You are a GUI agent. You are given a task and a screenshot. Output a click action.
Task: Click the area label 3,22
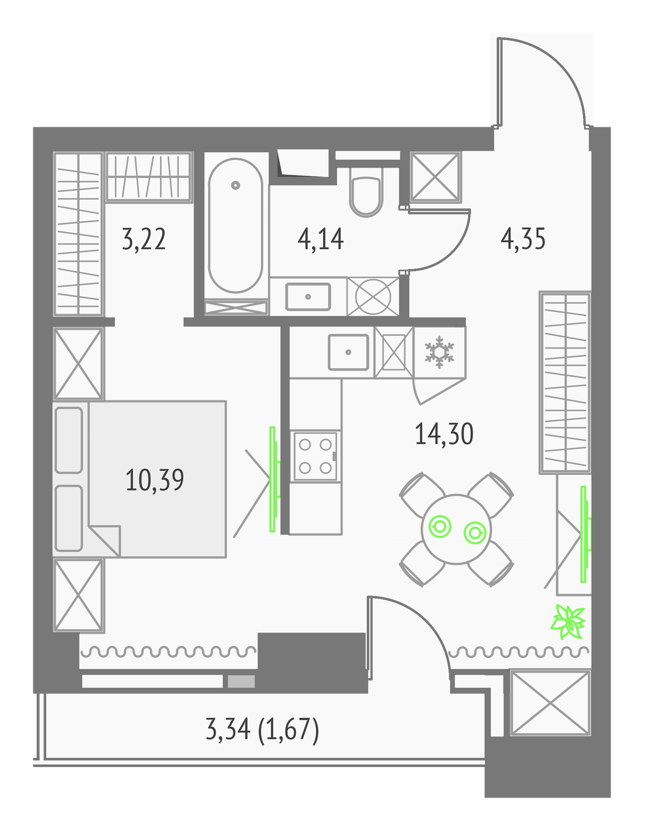(144, 239)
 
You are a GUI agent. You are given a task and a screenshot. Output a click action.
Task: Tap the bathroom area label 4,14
(320, 239)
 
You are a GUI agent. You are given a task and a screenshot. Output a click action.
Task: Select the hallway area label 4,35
(523, 239)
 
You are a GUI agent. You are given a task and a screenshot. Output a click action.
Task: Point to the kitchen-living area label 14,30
(444, 434)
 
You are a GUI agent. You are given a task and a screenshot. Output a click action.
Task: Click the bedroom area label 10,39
(154, 480)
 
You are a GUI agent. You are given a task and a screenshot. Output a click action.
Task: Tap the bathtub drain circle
(236, 185)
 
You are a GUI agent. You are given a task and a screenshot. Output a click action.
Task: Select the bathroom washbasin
(308, 297)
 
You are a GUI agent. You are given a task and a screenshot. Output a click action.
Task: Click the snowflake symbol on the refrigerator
(440, 352)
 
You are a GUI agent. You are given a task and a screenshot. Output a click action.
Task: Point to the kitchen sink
(348, 352)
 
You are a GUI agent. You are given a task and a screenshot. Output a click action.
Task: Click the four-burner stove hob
(315, 456)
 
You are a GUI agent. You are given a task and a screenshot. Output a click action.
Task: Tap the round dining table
(456, 529)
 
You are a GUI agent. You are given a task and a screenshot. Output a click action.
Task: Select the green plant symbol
(568, 622)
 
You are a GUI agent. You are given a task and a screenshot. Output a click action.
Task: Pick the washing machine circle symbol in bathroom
(373, 297)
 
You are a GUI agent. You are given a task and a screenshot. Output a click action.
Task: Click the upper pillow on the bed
(69, 440)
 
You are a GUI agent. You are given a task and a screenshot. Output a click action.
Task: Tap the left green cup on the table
(440, 527)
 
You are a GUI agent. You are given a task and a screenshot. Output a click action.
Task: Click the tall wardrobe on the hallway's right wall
(565, 383)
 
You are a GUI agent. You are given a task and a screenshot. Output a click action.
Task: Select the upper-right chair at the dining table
(491, 495)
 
